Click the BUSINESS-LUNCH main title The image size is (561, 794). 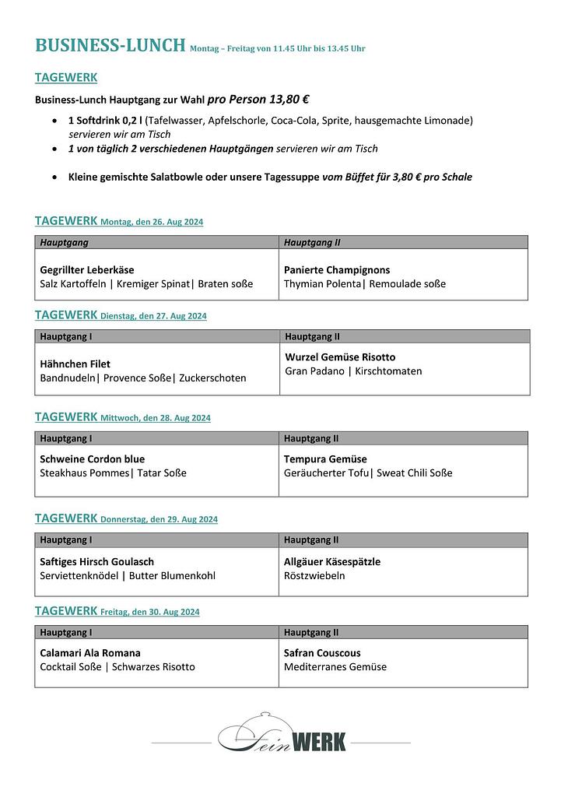point(110,45)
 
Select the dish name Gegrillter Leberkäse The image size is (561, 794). point(87,270)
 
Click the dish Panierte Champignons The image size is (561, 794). point(337,270)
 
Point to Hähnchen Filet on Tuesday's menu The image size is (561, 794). point(75,364)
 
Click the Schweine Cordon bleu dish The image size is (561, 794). point(93,458)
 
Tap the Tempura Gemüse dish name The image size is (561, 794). point(325,458)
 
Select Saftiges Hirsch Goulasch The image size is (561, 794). point(97,561)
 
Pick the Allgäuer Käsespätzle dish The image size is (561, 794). point(332,561)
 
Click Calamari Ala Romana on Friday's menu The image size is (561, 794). point(90,652)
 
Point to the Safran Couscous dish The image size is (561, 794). point(322,652)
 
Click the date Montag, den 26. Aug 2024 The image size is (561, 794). point(152,222)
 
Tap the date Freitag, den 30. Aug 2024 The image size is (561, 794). point(149,612)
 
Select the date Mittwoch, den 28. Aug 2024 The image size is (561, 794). point(156,418)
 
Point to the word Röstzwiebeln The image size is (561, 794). point(314,576)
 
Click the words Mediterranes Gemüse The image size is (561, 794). point(335,667)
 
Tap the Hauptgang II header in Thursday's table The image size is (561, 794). point(311,539)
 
